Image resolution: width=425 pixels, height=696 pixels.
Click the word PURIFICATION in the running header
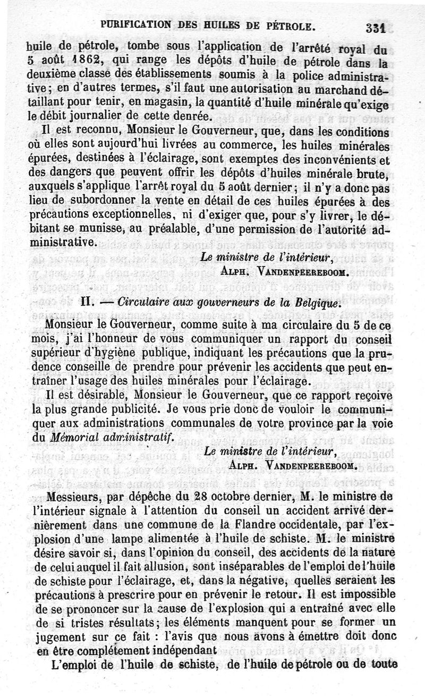point(135,24)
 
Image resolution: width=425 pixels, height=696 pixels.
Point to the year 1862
point(65,59)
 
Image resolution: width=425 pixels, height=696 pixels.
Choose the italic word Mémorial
point(75,438)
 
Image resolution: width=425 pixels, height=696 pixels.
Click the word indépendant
point(185,650)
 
